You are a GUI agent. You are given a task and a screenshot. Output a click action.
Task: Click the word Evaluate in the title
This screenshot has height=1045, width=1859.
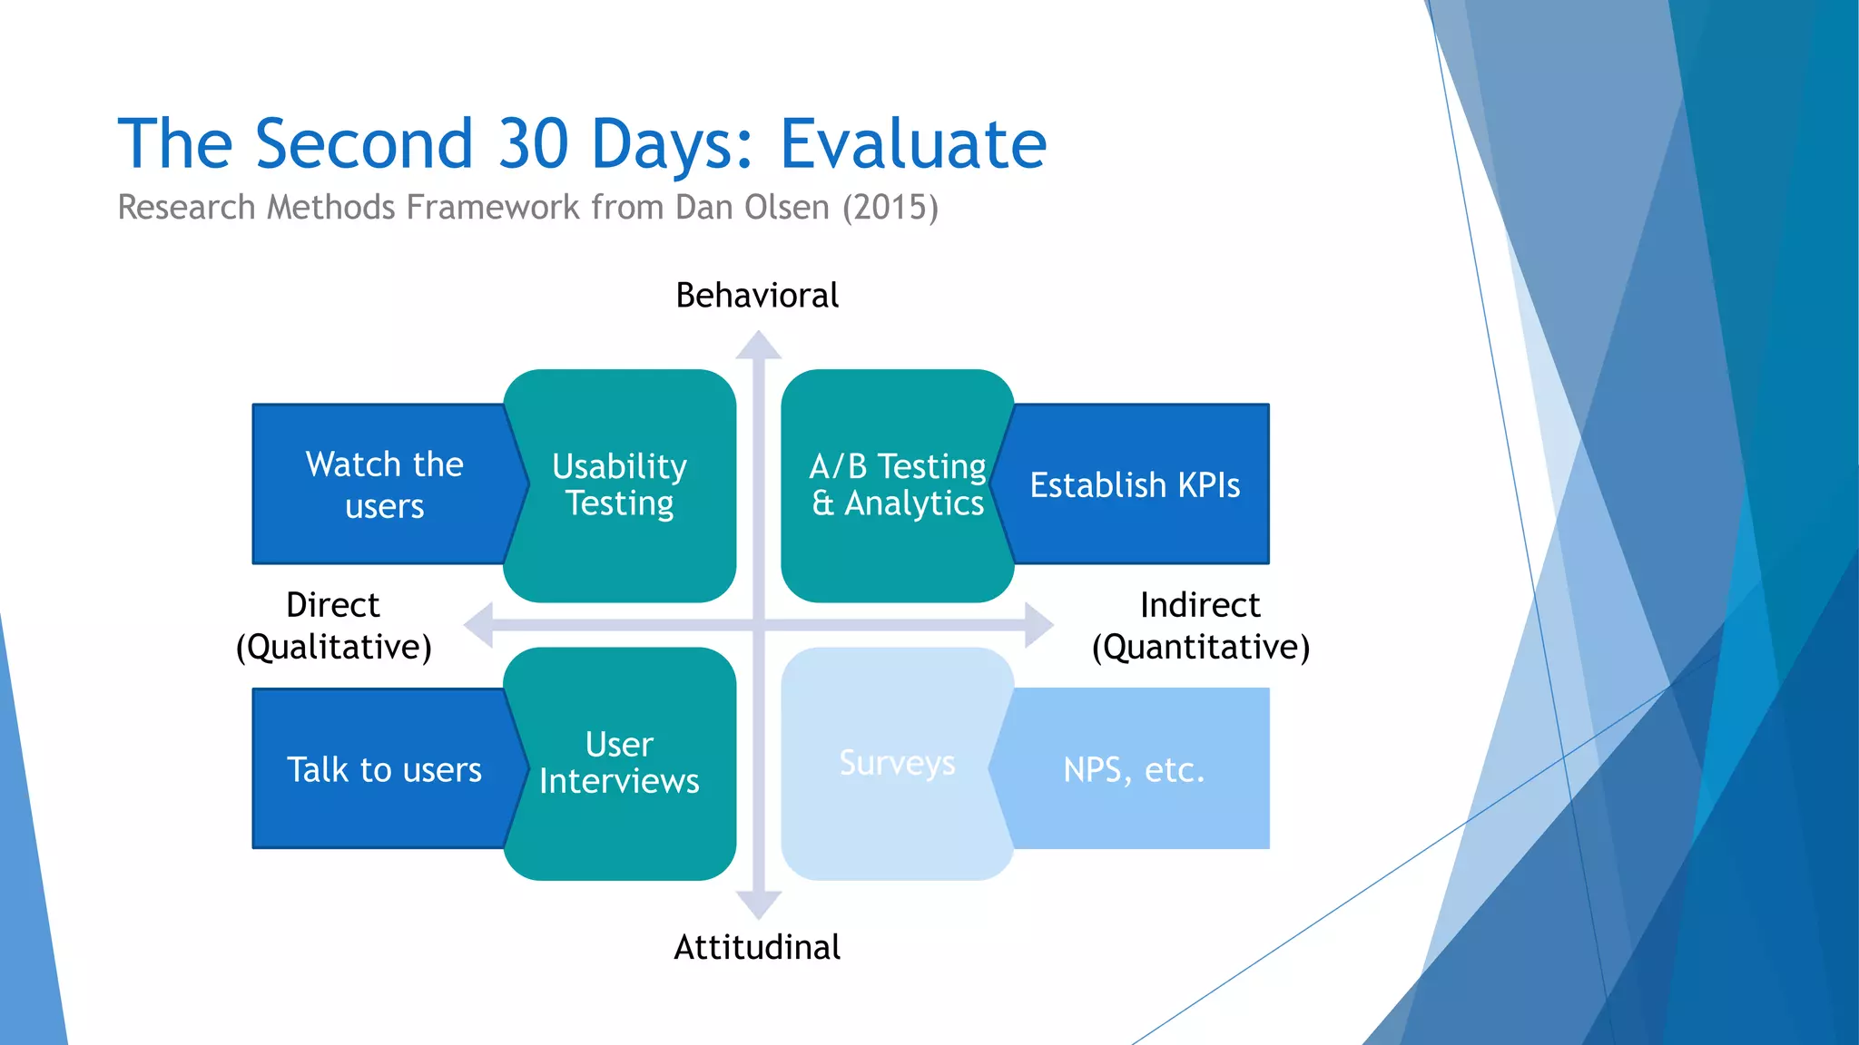coord(913,144)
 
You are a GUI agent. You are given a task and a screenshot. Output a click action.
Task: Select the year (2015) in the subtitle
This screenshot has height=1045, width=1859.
coord(890,208)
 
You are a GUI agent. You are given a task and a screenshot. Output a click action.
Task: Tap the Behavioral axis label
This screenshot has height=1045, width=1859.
coord(757,296)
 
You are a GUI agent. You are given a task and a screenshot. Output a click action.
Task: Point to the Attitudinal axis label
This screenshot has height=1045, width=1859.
coord(757,947)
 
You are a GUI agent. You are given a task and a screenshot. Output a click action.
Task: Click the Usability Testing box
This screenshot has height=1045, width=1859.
coord(620,485)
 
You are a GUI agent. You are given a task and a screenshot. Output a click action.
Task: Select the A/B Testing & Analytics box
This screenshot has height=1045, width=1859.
coord(897,485)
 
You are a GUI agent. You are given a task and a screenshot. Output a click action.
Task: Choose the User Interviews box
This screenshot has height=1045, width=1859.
coord(620,763)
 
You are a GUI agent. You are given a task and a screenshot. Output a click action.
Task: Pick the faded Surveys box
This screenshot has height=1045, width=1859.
coord(897,763)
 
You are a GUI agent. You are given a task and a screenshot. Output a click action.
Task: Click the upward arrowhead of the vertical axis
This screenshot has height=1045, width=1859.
coord(759,346)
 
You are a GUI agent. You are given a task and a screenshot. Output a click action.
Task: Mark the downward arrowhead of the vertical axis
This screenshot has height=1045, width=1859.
coord(759,905)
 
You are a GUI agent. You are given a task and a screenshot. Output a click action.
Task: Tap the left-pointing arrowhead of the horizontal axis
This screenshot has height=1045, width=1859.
coord(479,624)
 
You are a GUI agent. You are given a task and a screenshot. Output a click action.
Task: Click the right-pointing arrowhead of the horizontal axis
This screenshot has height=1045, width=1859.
coord(1039,624)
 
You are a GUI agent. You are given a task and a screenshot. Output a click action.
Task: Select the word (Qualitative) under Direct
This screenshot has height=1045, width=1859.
coord(333,648)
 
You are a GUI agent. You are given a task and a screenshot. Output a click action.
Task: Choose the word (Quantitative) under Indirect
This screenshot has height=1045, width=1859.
coord(1200,648)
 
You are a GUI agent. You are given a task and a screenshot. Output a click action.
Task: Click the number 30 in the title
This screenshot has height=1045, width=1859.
coord(533,144)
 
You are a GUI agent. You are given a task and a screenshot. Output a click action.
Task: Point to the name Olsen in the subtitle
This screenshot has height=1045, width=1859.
coord(786,208)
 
